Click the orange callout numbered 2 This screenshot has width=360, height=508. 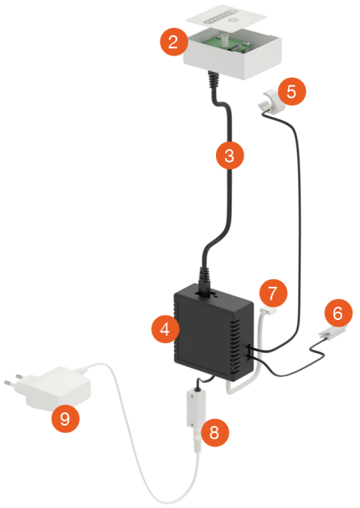[173, 42]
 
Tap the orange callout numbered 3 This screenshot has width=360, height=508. [229, 155]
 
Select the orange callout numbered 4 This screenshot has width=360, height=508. [165, 329]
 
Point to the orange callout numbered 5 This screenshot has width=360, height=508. [292, 91]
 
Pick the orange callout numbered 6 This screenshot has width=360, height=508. [338, 313]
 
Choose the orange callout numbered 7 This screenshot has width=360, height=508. [273, 293]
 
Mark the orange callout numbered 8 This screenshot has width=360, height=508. [214, 432]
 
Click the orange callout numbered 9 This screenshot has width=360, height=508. [65, 418]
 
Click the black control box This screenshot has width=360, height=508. [212, 332]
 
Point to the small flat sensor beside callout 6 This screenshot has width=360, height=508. [331, 333]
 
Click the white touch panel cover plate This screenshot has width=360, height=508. [226, 19]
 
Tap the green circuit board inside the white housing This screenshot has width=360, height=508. [227, 45]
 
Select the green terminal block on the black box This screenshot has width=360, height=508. [249, 353]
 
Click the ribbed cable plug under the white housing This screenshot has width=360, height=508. [214, 80]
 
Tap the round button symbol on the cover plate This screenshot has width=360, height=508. [232, 20]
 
